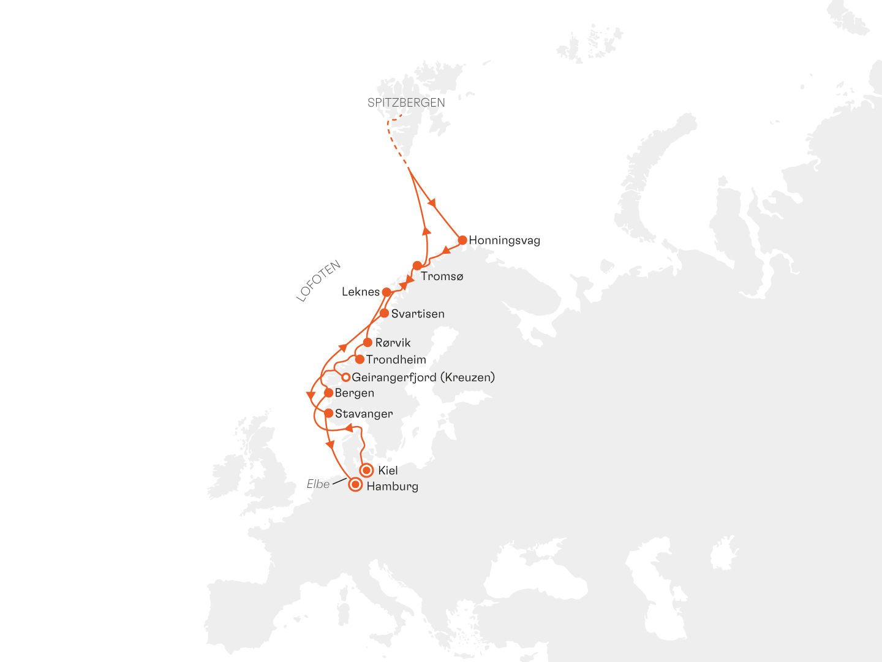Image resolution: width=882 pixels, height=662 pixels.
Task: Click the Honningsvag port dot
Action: pos(462,240)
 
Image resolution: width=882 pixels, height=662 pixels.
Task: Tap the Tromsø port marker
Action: pos(417,265)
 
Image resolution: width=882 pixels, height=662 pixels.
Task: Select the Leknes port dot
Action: pos(386,292)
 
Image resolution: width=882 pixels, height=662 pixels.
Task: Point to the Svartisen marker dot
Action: pos(384,313)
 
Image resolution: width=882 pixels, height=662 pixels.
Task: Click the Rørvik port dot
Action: pos(367,343)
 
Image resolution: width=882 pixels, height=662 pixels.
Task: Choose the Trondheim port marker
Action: pos(360,359)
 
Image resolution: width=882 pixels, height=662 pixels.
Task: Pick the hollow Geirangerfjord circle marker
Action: pos(345,377)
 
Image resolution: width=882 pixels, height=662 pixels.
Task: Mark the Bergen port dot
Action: pos(328,393)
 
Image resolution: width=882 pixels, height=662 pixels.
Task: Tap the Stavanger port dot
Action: pos(329,413)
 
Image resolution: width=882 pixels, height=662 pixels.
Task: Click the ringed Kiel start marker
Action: pos(366,470)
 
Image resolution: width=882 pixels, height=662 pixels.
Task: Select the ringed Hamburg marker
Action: pos(355,485)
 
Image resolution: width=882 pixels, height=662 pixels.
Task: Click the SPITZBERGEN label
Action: pos(406,103)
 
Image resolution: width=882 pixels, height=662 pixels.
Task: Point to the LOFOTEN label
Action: pos(318,281)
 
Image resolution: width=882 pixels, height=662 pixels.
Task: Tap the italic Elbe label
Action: pos(318,484)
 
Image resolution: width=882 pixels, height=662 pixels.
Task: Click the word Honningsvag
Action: pos(504,240)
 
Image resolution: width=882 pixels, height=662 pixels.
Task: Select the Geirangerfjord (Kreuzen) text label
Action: pos(423,377)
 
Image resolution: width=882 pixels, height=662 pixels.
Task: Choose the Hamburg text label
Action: pos(392,487)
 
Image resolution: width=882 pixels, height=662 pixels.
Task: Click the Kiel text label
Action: pos(388,470)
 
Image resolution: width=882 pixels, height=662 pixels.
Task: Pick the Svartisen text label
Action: pos(418,314)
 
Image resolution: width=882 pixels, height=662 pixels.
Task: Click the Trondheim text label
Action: pos(396,360)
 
